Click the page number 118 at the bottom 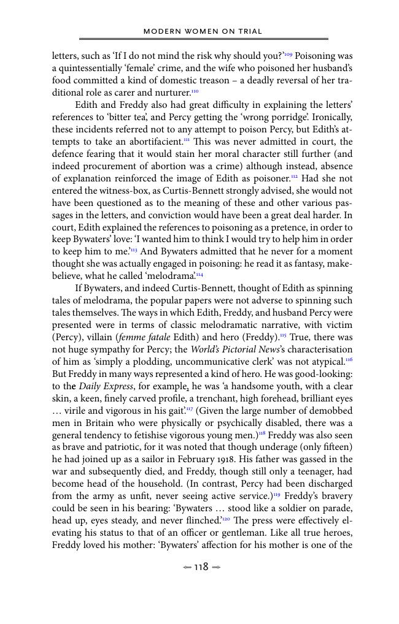[x=201, y=567]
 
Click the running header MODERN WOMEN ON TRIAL [x=203, y=31]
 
